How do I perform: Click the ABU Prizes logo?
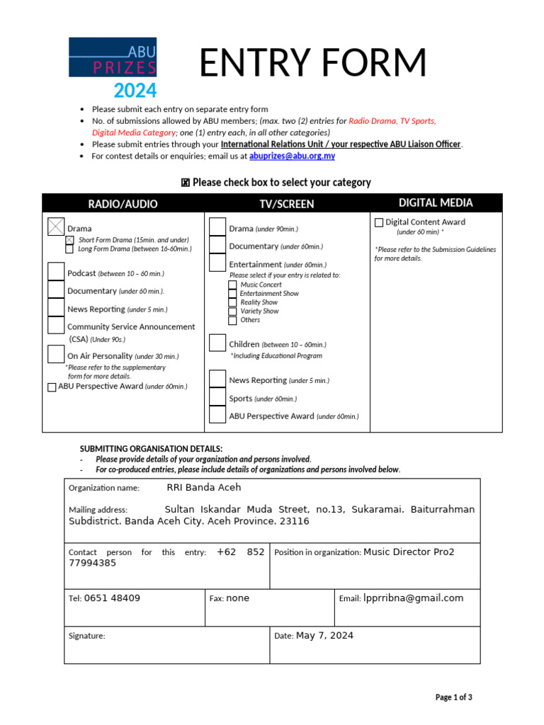tap(113, 58)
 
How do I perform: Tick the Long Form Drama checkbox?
tap(69, 249)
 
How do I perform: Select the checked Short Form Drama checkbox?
tap(69, 240)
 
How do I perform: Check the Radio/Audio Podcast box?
tap(56, 272)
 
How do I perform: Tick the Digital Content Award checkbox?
tap(379, 222)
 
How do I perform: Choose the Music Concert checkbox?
tap(232, 285)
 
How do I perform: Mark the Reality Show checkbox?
tap(232, 302)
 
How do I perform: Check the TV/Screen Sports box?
tap(217, 398)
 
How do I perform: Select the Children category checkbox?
tap(217, 343)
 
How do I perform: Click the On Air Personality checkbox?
tap(56, 354)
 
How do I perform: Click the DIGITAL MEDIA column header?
tap(436, 203)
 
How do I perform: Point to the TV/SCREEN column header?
tap(287, 204)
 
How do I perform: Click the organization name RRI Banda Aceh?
tap(204, 488)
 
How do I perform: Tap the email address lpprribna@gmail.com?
tap(414, 598)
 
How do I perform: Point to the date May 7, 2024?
tap(324, 636)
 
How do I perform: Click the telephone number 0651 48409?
tap(112, 598)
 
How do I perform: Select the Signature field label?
tap(86, 636)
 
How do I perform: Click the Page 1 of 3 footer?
tap(453, 697)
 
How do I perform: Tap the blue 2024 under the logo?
tap(135, 91)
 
